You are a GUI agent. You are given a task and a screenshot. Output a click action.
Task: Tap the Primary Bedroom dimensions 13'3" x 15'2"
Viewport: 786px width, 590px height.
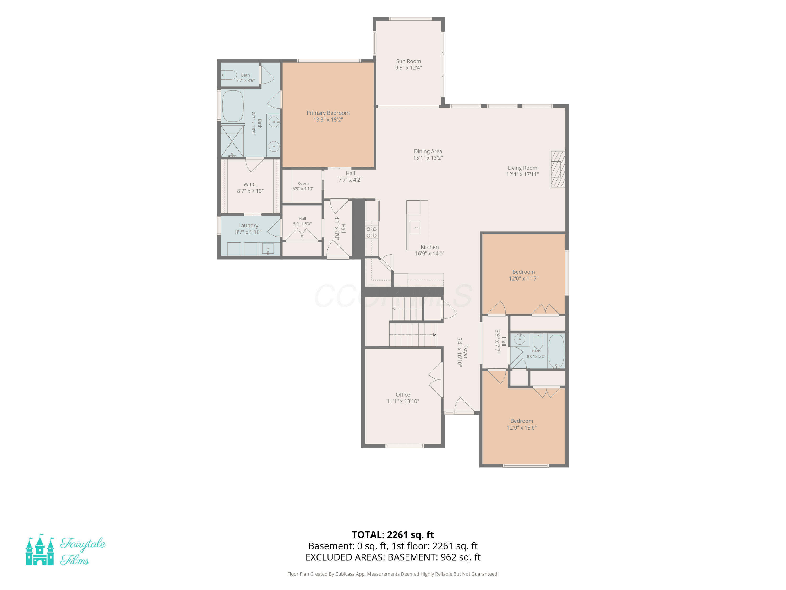(x=328, y=120)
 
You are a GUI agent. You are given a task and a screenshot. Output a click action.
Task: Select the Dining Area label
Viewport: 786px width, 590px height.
(x=428, y=151)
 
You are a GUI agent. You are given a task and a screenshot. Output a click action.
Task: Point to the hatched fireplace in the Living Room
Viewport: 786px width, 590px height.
(x=558, y=169)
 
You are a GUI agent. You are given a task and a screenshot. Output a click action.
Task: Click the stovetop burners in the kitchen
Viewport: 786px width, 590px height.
(x=371, y=233)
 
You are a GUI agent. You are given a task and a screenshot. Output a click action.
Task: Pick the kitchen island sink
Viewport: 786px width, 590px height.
(x=415, y=227)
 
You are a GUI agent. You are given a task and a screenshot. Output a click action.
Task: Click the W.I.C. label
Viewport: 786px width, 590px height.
(x=250, y=184)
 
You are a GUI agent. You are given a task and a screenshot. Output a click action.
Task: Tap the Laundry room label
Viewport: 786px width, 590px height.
(x=248, y=226)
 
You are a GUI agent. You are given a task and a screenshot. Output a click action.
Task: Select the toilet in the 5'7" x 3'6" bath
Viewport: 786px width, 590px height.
(x=229, y=75)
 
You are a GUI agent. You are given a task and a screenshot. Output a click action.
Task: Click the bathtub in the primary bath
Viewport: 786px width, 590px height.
(x=233, y=106)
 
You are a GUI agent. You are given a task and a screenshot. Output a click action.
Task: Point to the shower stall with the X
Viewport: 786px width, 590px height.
(x=232, y=141)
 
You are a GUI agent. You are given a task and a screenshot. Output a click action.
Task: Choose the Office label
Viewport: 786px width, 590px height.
(x=403, y=395)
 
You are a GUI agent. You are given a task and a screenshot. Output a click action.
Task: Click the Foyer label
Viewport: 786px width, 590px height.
(x=466, y=352)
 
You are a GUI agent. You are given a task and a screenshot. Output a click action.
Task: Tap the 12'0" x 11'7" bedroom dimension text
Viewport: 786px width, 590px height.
(x=523, y=278)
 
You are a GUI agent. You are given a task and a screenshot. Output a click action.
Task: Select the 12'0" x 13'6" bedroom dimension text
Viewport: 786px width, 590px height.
(x=522, y=427)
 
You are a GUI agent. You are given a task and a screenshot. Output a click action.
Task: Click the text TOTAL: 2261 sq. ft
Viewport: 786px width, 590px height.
(x=393, y=534)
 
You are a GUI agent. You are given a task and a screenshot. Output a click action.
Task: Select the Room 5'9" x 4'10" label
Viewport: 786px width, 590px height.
(x=303, y=186)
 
